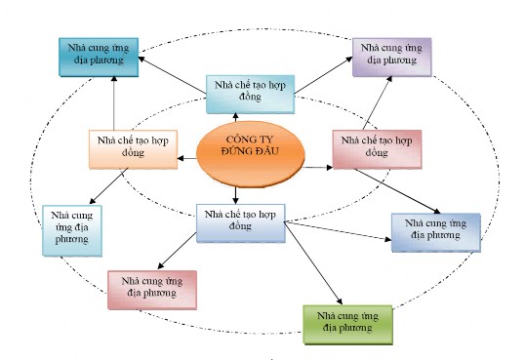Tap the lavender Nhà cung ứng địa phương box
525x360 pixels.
pyautogui.click(x=393, y=57)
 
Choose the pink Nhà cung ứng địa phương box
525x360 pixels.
pyautogui.click(x=152, y=289)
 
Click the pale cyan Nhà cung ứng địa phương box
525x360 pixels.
pyautogui.click(x=70, y=229)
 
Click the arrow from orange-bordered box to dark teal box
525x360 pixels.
pyautogui.click(x=115, y=102)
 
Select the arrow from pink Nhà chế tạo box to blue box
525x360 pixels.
pyautogui.click(x=395, y=191)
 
